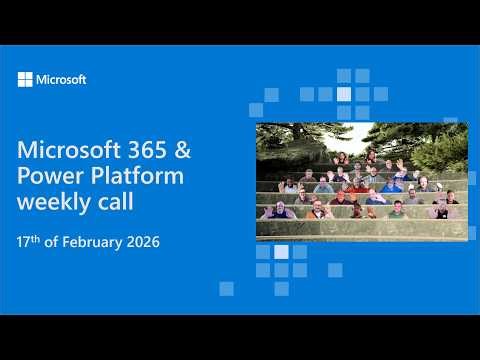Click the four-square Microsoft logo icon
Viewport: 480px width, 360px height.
[x=25, y=79]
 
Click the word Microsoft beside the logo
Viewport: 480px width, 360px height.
[x=61, y=79]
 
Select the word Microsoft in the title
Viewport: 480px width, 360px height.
[x=68, y=150]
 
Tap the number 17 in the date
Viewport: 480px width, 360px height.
[x=25, y=243]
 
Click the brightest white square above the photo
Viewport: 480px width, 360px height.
[x=344, y=92]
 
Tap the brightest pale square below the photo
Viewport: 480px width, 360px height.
[x=281, y=252]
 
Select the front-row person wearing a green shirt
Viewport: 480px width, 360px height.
[x=398, y=211]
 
